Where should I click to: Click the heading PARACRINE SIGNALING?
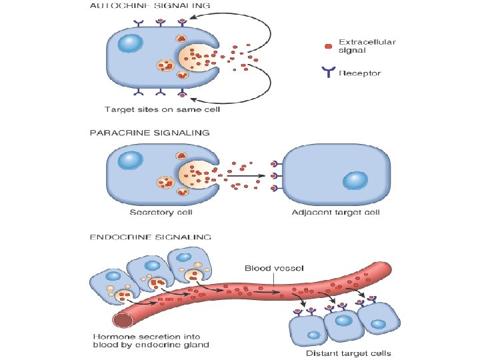pos(149,133)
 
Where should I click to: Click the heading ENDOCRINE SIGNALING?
pos(151,236)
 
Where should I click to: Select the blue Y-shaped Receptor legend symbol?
pos(327,71)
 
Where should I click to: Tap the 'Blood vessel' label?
pos(275,268)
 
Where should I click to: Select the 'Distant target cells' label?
pos(348,353)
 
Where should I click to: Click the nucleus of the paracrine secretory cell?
pos(129,161)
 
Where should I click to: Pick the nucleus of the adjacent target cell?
pos(354,181)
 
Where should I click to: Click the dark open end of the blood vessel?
pos(123,321)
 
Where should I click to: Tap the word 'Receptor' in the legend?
pos(360,73)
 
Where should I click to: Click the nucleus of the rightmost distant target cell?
pos(379,325)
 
